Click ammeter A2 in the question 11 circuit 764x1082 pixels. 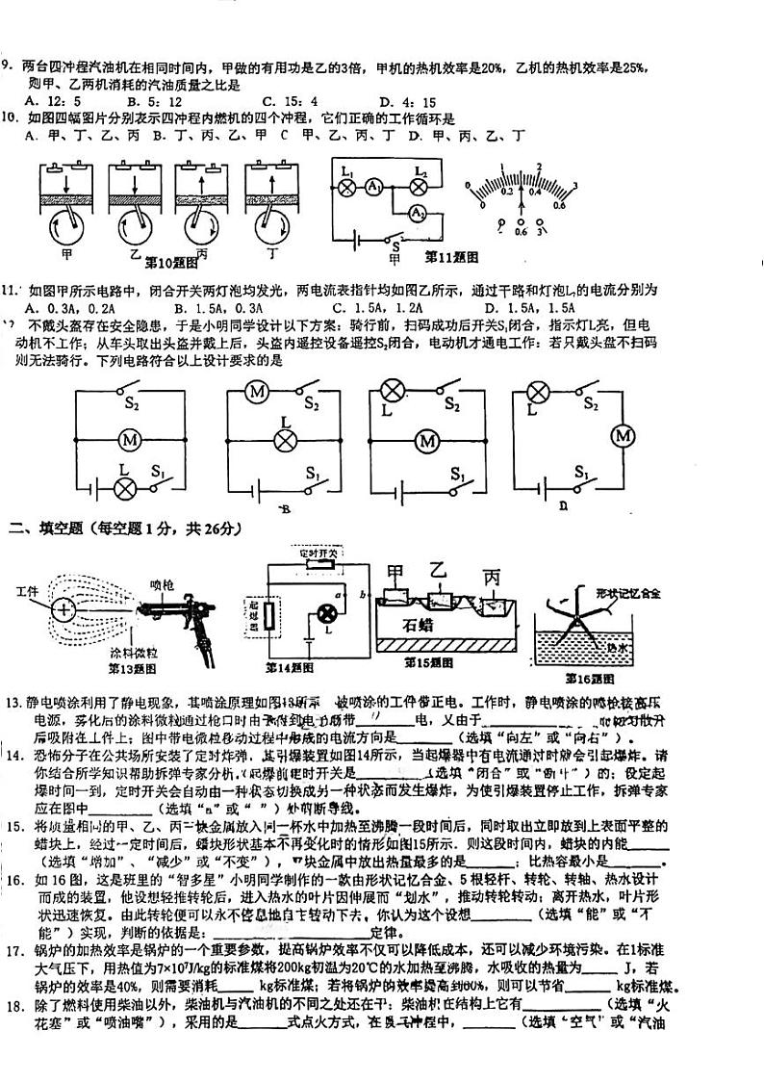[x=419, y=212]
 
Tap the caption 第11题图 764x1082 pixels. [x=451, y=257]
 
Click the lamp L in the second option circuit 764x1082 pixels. [x=285, y=440]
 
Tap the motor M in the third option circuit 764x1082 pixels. [x=426, y=441]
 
